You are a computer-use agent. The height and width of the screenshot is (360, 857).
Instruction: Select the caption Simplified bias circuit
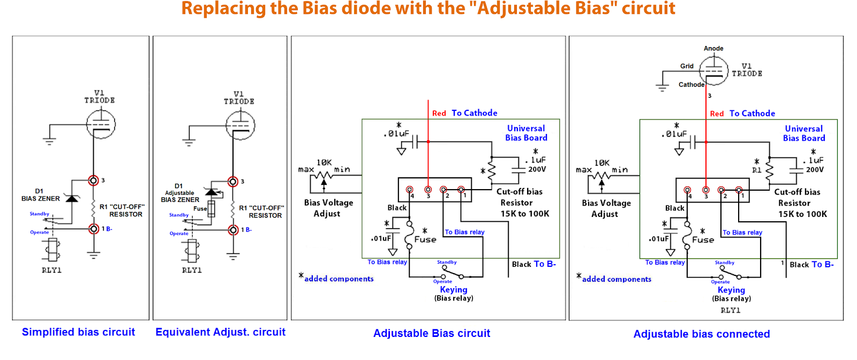[x=78, y=332]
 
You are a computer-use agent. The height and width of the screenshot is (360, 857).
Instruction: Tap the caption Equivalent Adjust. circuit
[x=220, y=332]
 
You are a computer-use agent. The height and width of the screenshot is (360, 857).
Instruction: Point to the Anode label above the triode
[x=713, y=49]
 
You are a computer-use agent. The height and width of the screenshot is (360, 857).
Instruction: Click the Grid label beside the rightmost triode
[x=687, y=66]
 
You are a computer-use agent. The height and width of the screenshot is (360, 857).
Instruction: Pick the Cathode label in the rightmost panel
[x=691, y=85]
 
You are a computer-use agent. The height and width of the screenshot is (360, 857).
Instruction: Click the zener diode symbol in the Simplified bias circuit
[x=72, y=198]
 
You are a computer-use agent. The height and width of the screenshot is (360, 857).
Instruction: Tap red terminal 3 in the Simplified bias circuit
[x=93, y=180]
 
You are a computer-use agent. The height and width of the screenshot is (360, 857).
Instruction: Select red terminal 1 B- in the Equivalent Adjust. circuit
[x=233, y=230]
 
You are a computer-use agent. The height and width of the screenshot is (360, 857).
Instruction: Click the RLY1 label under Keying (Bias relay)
[x=731, y=310]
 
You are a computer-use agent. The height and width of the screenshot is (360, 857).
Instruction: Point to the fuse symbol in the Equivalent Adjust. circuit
[x=211, y=208]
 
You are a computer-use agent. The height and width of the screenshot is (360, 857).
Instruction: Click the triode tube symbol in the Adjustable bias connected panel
[x=713, y=70]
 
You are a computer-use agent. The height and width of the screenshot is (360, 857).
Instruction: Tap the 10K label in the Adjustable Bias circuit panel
[x=324, y=163]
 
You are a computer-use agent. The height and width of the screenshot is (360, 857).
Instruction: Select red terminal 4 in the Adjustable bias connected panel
[x=687, y=190]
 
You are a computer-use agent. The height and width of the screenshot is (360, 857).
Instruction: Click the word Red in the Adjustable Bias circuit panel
[x=439, y=113]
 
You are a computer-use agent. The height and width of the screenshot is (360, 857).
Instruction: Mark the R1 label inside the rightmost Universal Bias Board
[x=756, y=170]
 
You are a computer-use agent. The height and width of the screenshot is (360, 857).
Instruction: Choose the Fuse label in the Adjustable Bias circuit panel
[x=425, y=239]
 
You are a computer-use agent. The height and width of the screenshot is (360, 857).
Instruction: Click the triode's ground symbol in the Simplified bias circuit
[x=49, y=141]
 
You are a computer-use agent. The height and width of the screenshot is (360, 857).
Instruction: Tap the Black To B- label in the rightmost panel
[x=811, y=265]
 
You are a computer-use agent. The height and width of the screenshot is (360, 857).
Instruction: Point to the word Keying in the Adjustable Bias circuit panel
[x=453, y=290]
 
